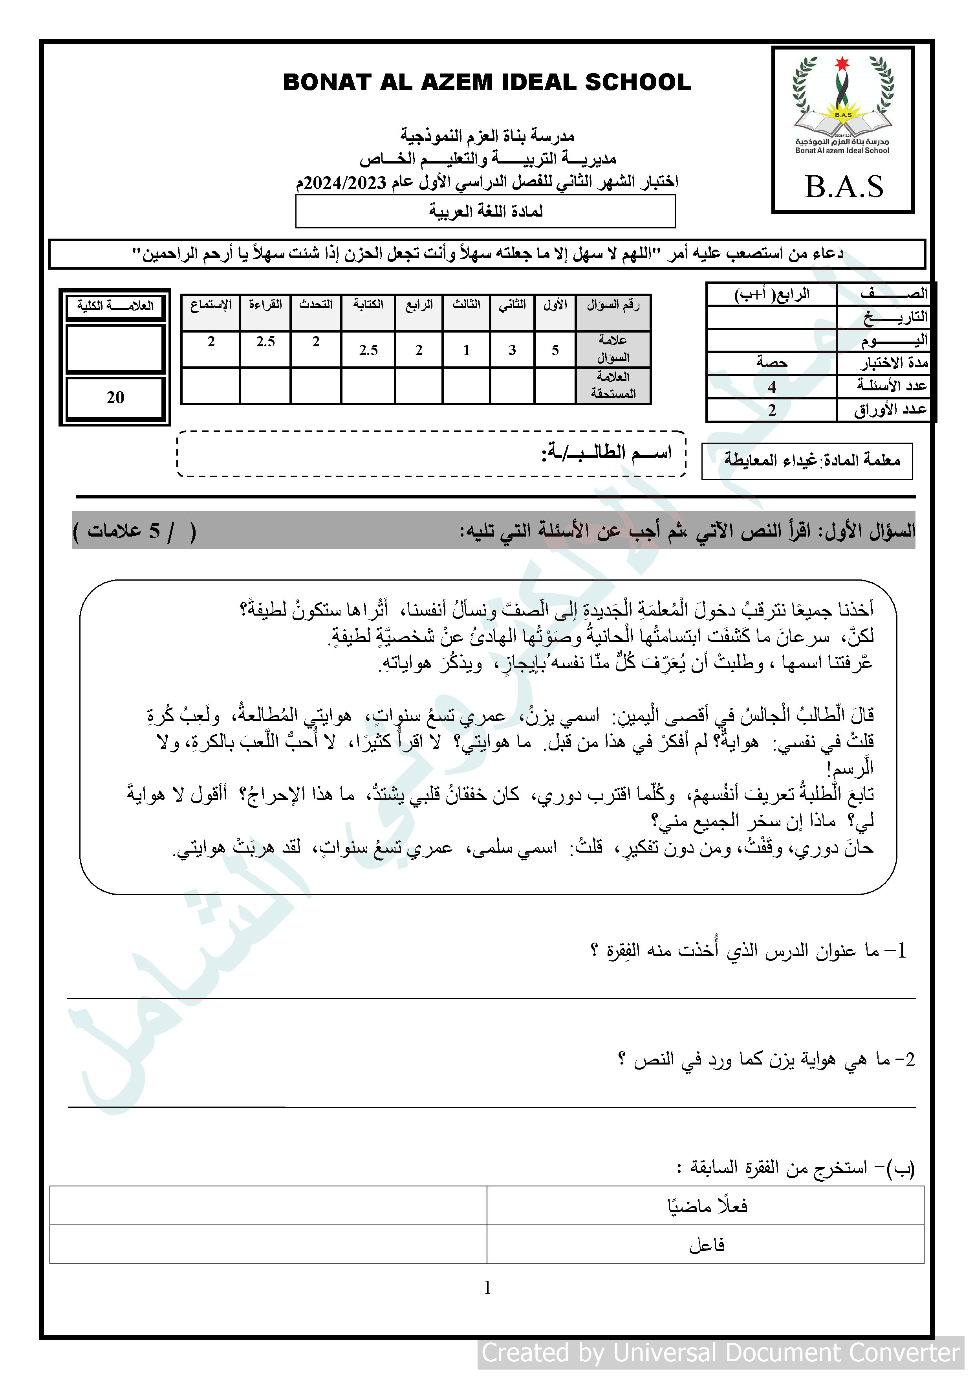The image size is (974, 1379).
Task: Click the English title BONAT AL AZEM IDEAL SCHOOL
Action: tap(487, 82)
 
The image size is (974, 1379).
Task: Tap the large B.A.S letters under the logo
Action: tap(844, 187)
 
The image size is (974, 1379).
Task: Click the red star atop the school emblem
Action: tap(842, 63)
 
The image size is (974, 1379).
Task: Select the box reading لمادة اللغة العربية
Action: tap(485, 212)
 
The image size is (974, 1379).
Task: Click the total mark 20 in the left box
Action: tap(115, 397)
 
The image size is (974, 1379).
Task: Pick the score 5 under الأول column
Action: tap(555, 349)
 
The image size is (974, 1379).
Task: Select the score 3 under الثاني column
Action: tap(512, 349)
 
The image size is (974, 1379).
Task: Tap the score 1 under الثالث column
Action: tap(466, 349)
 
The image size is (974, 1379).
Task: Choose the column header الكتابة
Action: tap(368, 305)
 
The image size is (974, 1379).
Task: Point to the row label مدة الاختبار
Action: tap(892, 363)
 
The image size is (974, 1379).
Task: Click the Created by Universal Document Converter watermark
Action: tap(720, 1353)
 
